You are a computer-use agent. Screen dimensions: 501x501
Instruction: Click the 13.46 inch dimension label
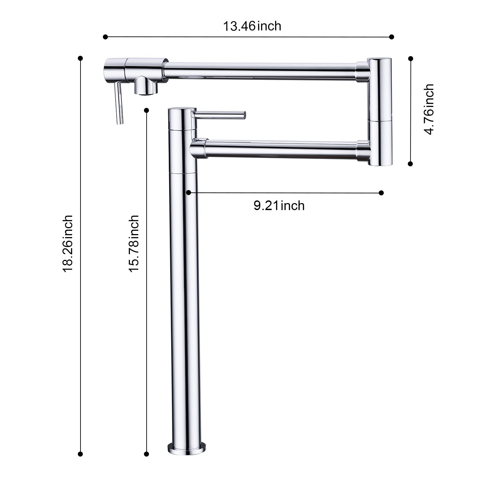[x=252, y=26]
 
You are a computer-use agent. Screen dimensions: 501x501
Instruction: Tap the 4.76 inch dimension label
[x=429, y=109]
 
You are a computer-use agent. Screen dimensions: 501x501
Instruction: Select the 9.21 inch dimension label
[x=279, y=205]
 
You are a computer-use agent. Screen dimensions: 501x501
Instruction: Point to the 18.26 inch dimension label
[x=68, y=243]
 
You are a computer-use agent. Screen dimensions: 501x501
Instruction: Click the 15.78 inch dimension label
[x=134, y=243]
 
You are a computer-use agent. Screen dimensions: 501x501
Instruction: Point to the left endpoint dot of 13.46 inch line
[x=106, y=37]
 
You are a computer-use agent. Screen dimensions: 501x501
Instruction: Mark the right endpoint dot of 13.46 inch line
[x=392, y=37]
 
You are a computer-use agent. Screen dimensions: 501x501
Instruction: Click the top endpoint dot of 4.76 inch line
[x=410, y=58]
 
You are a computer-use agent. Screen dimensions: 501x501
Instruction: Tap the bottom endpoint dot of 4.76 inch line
[x=410, y=164]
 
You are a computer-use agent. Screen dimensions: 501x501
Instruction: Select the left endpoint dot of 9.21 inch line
[x=189, y=193]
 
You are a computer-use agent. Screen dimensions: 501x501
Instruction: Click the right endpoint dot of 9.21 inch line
[x=381, y=193]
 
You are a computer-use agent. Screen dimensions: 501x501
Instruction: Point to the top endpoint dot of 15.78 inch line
[x=146, y=110]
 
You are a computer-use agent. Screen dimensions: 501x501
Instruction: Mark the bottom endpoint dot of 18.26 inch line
[x=80, y=454]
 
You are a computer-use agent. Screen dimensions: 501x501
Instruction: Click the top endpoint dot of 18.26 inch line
[x=80, y=58]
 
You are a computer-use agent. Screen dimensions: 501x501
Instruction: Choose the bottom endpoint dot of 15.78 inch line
[x=146, y=454]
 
